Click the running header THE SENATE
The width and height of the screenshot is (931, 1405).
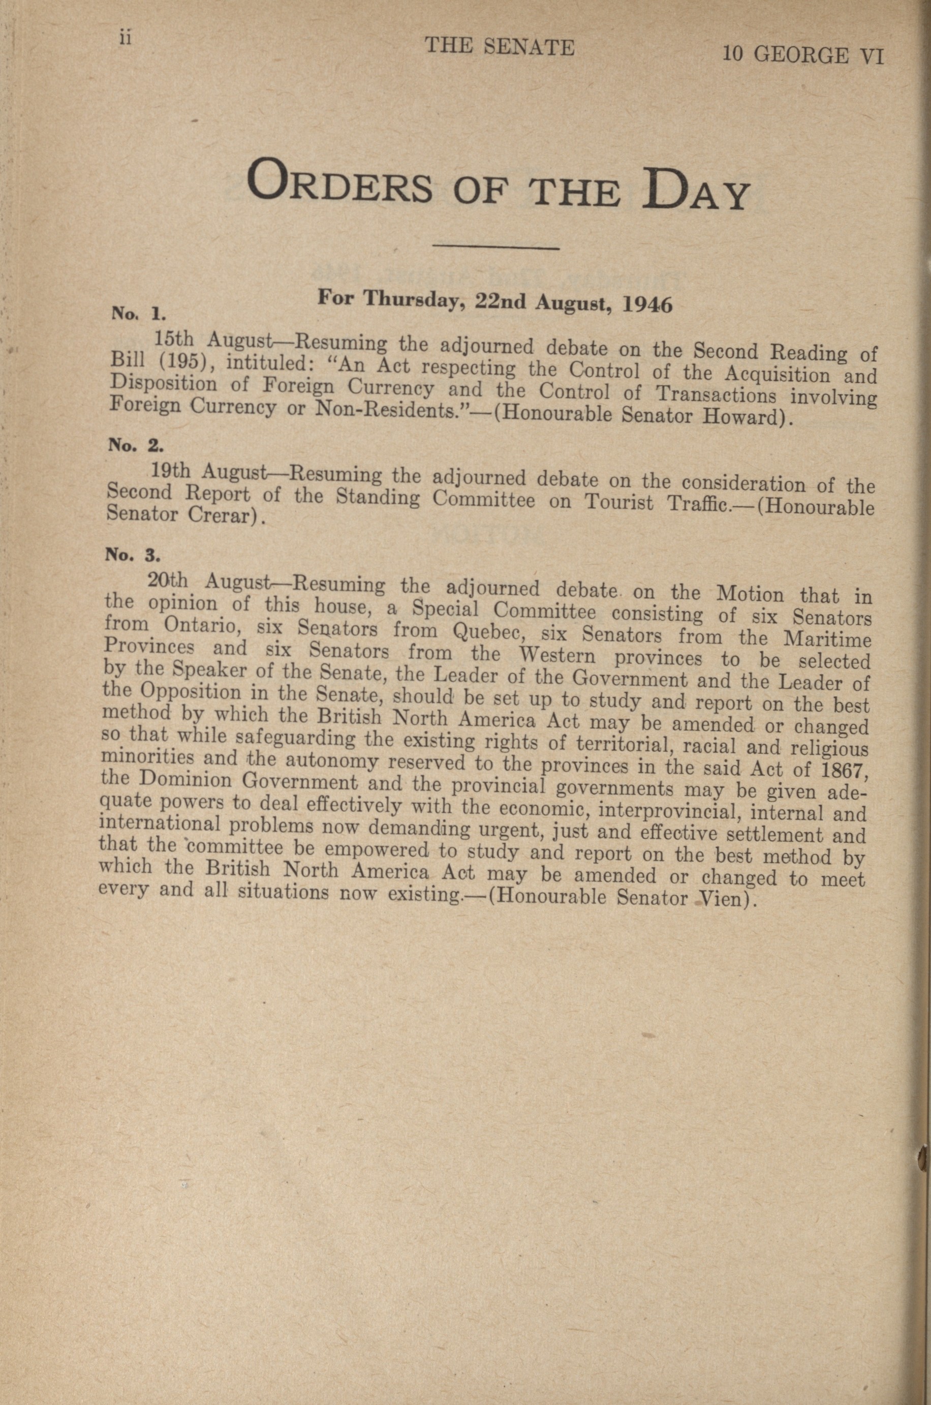pyautogui.click(x=500, y=47)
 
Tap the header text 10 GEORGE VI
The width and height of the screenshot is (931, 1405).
pyautogui.click(x=803, y=55)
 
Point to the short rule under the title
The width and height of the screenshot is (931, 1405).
pyautogui.click(x=497, y=247)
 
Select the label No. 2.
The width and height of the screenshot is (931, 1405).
pyautogui.click(x=131, y=445)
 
